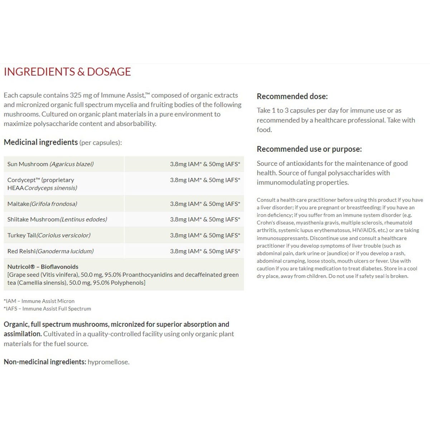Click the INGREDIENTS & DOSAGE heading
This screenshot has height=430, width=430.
pos(67,72)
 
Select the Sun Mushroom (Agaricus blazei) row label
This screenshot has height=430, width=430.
pos(51,164)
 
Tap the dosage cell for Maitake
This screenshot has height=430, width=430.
pos(205,204)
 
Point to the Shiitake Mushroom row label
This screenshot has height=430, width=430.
pos(57,219)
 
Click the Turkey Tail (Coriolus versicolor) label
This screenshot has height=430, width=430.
pos(49,235)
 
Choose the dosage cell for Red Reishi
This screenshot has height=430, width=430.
pos(205,251)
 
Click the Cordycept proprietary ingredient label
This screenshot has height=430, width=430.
pos(42,184)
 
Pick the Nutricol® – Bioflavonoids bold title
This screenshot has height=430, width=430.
pos(43,267)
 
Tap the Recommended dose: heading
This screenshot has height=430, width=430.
pos(292,96)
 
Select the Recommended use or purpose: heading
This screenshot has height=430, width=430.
pos(309,149)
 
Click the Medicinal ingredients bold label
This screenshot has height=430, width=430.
pos(41,142)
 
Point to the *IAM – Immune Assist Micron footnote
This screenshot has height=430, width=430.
pos(39,301)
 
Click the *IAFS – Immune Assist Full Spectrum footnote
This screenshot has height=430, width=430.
pos(47,309)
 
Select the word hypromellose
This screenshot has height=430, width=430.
pos(109,362)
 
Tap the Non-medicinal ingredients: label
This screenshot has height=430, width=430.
pos(45,362)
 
